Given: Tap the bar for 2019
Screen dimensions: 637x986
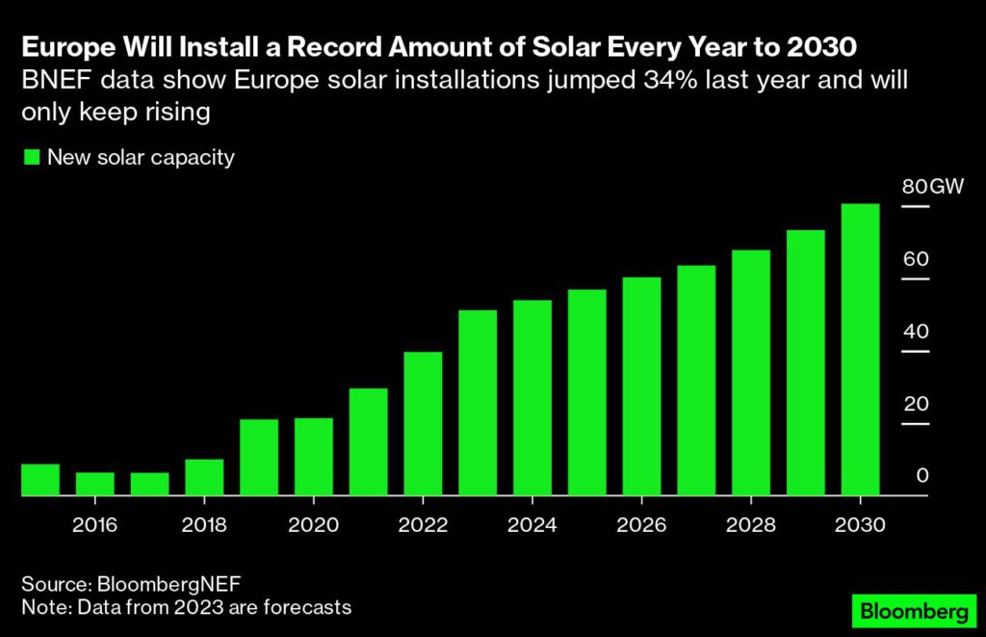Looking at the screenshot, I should [259, 457].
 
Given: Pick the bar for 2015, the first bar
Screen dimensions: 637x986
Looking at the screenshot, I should [40, 480].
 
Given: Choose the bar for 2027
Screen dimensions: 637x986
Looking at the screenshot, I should [696, 381].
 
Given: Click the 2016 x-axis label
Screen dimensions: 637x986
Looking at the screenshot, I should [94, 525].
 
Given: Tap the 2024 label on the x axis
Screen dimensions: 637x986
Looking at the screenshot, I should [532, 525].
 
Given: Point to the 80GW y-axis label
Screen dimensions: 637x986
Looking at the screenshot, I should [932, 187].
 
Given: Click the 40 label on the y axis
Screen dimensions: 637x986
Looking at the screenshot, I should [916, 332].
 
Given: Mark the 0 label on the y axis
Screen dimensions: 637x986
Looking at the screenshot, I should [921, 476].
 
